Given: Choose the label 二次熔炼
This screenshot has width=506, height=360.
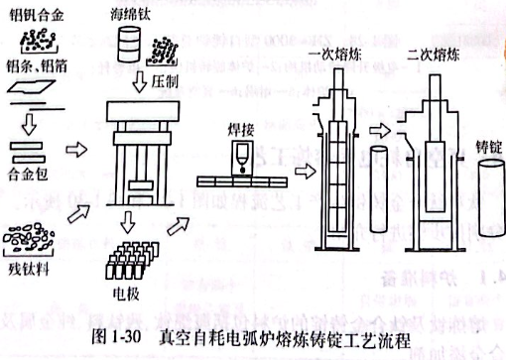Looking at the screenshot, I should pos(434,53).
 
